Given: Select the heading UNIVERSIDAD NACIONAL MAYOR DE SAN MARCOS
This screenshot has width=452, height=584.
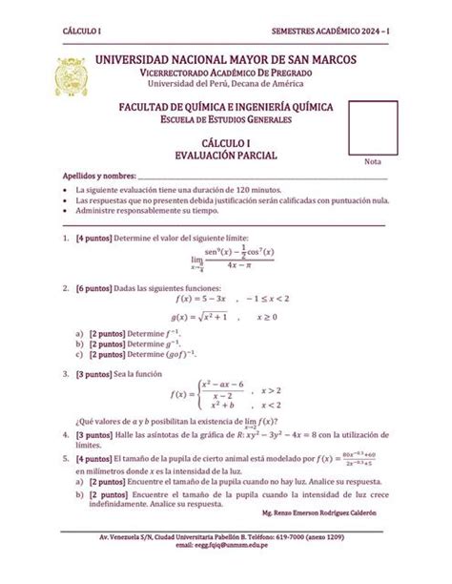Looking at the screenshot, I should coord(235,60).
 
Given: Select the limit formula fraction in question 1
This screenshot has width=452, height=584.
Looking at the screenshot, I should coord(233,259).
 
